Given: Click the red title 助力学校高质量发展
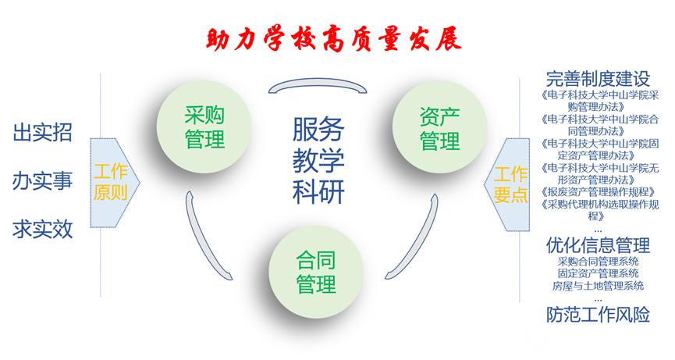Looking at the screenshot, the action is coord(334,40).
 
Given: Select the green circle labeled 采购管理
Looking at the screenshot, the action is coord(204,127).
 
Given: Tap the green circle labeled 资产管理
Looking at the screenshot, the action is coord(439,128).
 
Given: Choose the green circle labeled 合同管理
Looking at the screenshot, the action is coord(316,271).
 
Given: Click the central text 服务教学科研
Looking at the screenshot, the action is coord(318,160).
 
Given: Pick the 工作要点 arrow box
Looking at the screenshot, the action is coord(506,184).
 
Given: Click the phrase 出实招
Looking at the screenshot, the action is coord(42,132).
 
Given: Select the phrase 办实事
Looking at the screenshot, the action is coord(42,181).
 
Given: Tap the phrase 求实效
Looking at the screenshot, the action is coord(42,229).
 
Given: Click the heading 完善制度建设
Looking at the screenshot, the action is coord(598,79).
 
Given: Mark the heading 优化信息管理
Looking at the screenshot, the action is coord(598,245).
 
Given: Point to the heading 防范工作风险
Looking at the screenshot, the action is coord(598,315).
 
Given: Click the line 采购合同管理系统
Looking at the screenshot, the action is coord(598,262).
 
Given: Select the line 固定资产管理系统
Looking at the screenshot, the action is coord(598,273).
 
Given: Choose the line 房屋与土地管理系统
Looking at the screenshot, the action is coord(598,286).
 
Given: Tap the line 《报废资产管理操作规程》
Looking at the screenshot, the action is coord(599,191).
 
